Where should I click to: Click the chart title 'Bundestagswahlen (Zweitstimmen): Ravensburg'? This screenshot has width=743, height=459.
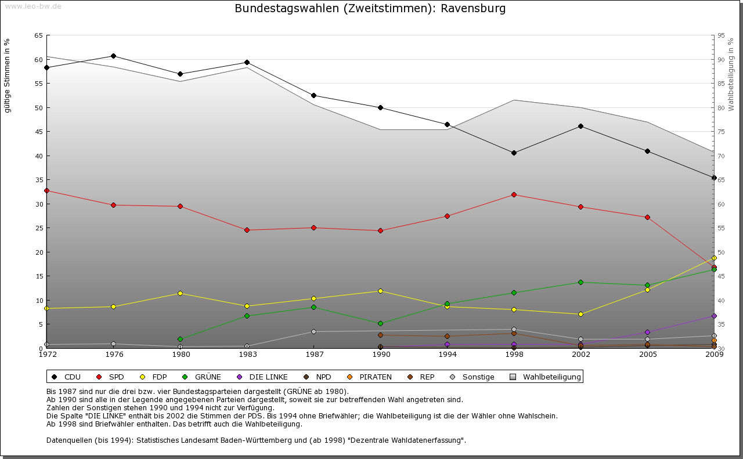coord(370,9)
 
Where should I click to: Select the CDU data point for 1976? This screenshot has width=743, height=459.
coord(113,56)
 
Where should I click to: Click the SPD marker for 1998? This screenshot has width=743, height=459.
coord(514,194)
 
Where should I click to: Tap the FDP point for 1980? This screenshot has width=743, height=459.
coord(180,293)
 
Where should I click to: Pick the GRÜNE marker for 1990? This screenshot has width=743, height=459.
coord(380,323)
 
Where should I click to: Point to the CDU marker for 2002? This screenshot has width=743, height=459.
coord(580,126)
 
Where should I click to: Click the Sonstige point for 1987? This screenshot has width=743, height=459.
coord(313,331)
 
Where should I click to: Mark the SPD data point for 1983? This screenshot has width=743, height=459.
coord(247,230)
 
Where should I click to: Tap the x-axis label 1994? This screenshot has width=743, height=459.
coord(447,355)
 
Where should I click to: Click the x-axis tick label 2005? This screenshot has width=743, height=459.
coord(647,355)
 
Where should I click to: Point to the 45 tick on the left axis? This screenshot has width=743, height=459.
coord(38,132)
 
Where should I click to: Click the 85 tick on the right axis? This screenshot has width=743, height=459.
coord(721,84)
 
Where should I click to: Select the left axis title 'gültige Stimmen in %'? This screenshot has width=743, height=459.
coord(8,75)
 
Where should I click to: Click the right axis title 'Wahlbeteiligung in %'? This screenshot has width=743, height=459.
coord(731,74)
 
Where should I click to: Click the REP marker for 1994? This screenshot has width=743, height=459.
coord(447,336)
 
